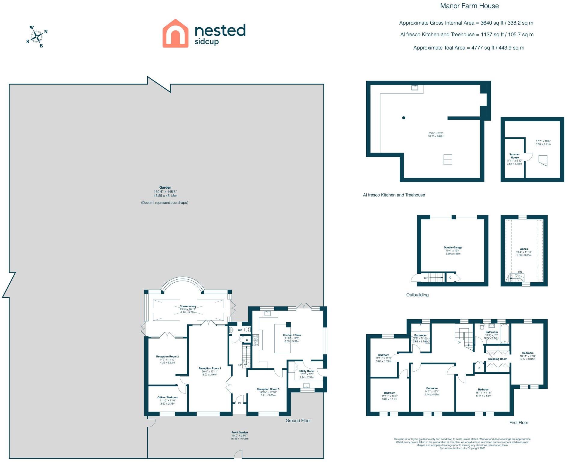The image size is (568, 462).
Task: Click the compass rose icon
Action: [37, 37]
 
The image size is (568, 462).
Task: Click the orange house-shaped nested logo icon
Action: [175, 33]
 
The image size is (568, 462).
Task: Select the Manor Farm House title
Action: [469, 6]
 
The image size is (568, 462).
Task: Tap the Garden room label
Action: [165, 187]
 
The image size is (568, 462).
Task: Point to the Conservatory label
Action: [188, 306]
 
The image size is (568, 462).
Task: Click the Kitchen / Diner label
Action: [292, 335]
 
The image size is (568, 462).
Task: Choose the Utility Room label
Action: [307, 371]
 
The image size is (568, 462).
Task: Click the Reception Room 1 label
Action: [209, 369]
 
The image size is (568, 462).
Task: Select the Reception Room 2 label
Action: [167, 357]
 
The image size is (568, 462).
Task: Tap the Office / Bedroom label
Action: [168, 397]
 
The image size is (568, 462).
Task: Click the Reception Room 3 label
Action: [268, 389]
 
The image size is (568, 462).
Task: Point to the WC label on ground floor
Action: [240, 330]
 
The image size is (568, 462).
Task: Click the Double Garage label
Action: [453, 248]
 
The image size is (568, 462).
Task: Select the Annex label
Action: [524, 249]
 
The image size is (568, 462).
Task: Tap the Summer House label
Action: [514, 156]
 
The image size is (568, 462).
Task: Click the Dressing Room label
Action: [498, 359]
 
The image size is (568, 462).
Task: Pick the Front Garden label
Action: [240, 433]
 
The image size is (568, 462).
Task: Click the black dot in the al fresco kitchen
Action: [404, 118]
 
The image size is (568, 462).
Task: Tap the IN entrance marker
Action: [240, 403]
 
